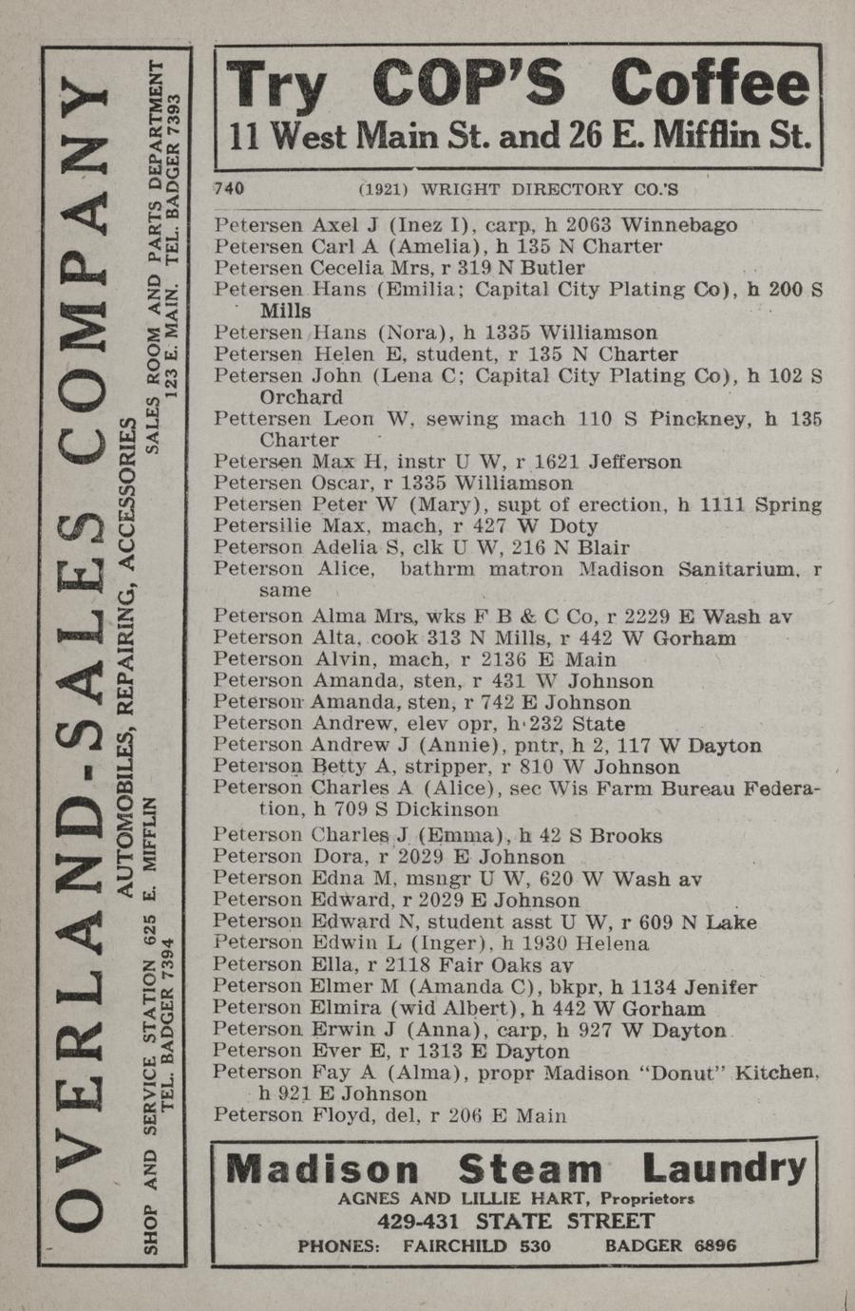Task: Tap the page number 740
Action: click(x=229, y=188)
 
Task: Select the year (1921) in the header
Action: click(x=384, y=189)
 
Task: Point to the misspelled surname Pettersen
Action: click(x=257, y=419)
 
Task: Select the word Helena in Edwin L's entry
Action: click(x=615, y=943)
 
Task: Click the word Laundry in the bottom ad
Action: click(x=724, y=1168)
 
